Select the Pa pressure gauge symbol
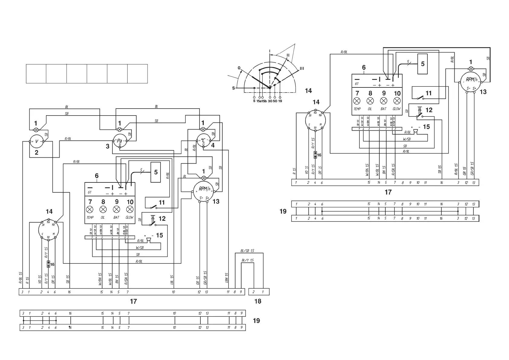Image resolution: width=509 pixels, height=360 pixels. (x=120, y=141)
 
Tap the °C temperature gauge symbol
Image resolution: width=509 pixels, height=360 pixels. (x=203, y=140)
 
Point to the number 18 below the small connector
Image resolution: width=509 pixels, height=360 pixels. (x=258, y=301)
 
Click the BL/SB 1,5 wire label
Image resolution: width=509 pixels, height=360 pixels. (x=248, y=251)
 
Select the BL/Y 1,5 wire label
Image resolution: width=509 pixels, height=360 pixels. (x=248, y=260)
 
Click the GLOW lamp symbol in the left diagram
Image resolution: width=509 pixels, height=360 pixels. (x=130, y=209)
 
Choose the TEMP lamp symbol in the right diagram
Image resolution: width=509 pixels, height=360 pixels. (x=357, y=101)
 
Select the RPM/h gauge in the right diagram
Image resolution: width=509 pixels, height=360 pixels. (x=471, y=80)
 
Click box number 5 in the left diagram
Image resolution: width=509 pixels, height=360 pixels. (x=156, y=172)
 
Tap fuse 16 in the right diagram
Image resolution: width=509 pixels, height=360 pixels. (x=315, y=155)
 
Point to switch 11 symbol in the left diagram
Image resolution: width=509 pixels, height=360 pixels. (x=154, y=207)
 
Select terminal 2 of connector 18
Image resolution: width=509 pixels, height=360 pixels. (x=254, y=292)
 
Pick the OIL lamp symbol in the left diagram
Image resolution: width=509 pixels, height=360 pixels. (x=103, y=209)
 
